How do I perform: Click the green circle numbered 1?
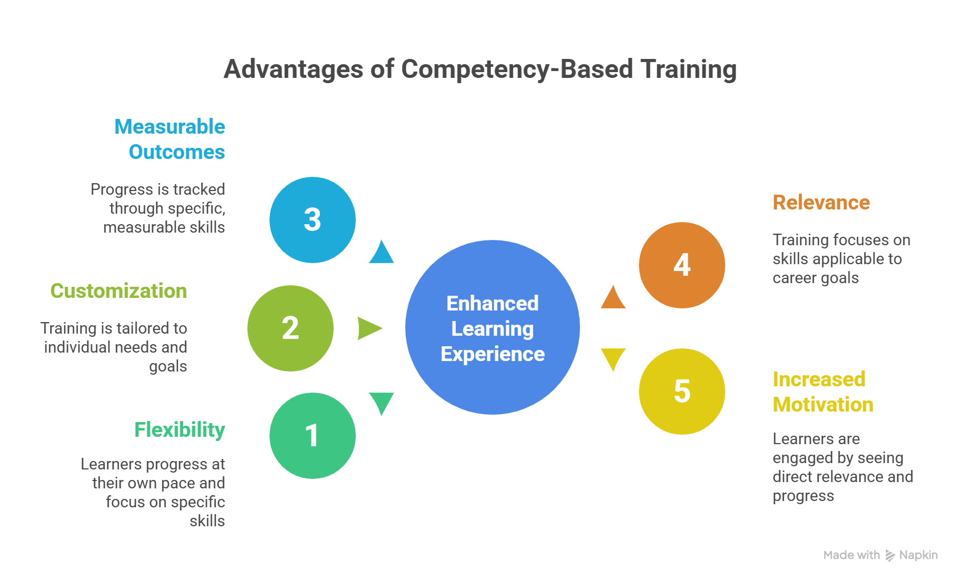tap(312, 436)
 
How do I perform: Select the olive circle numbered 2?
tap(290, 328)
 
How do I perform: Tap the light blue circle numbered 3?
tap(312, 220)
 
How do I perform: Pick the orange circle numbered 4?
tap(682, 265)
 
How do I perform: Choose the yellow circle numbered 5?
tap(682, 392)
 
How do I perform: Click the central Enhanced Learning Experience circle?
tap(492, 327)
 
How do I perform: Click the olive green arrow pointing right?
tap(368, 328)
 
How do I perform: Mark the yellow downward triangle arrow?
tap(613, 357)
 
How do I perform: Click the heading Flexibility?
tap(179, 430)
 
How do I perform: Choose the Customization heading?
tap(118, 291)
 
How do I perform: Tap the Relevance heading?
tap(821, 203)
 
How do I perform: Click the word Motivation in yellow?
tap(823, 405)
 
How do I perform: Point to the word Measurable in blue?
tap(169, 127)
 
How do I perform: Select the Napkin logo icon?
tap(890, 555)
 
